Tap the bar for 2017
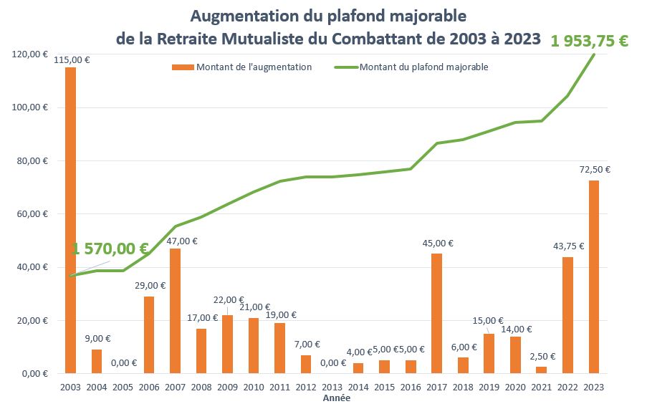[436, 314]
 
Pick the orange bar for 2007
[175, 311]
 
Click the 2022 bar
[567, 315]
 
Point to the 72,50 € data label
[595, 170]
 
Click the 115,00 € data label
[71, 59]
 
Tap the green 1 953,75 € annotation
[589, 41]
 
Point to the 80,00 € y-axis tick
[30, 161]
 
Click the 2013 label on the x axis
[332, 388]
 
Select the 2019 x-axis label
[489, 388]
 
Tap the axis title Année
[337, 398]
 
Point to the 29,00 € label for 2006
[150, 285]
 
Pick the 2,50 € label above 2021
[542, 355]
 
